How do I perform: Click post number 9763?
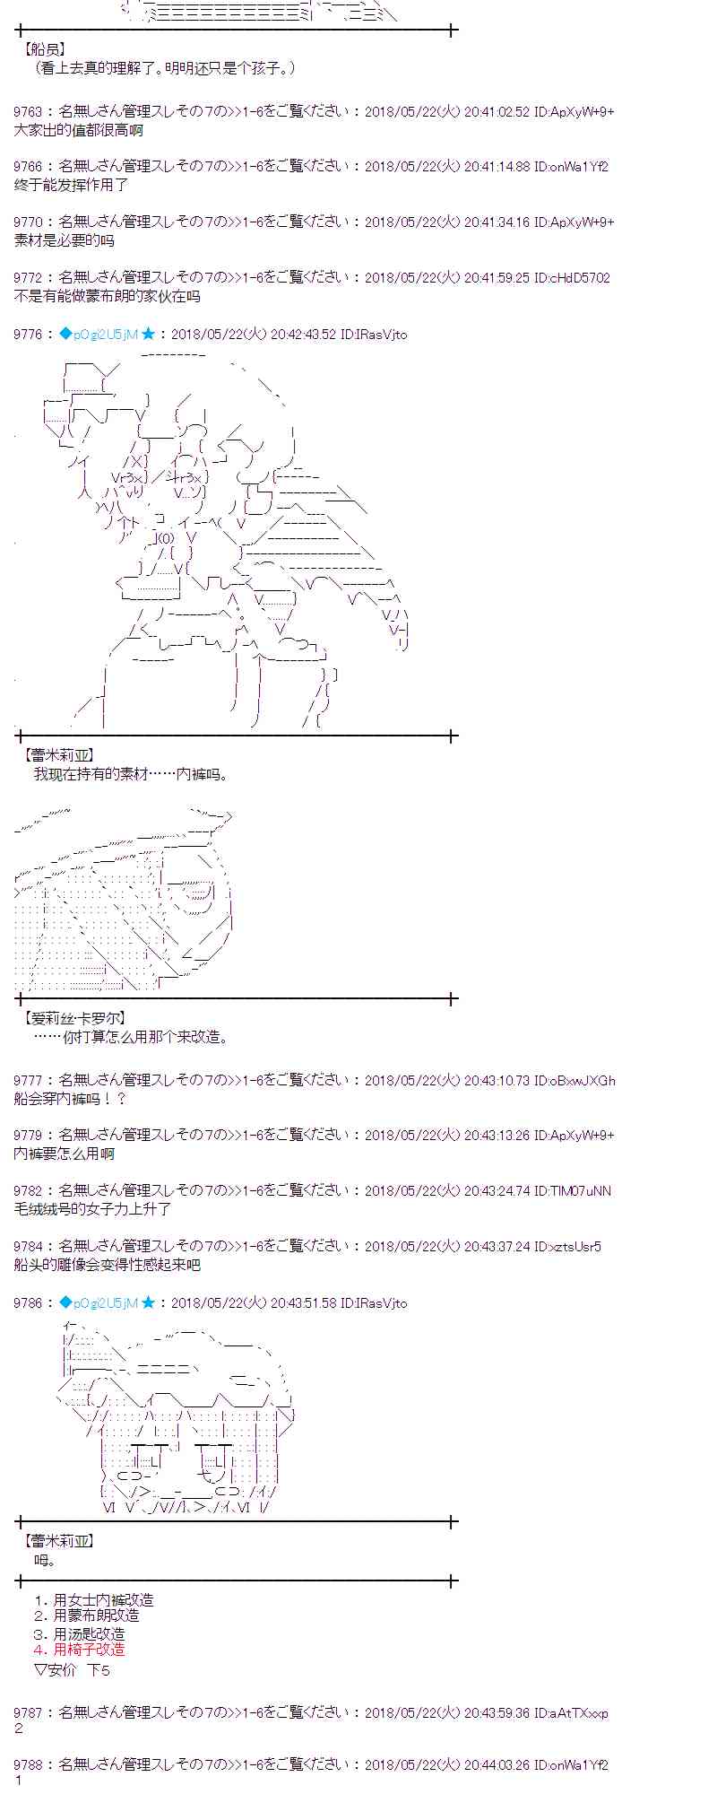click(x=28, y=112)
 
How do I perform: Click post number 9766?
click(x=28, y=167)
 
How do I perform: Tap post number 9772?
click(x=28, y=278)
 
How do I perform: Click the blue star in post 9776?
click(x=148, y=334)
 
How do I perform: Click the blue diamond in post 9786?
click(x=65, y=1302)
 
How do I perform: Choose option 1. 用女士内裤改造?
click(x=93, y=1599)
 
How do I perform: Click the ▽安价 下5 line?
click(x=72, y=1669)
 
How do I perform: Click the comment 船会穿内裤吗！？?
click(x=71, y=1099)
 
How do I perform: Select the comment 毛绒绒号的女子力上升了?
click(x=92, y=1209)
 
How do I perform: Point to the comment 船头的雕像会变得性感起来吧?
click(x=108, y=1265)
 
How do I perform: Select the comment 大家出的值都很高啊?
click(x=79, y=130)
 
